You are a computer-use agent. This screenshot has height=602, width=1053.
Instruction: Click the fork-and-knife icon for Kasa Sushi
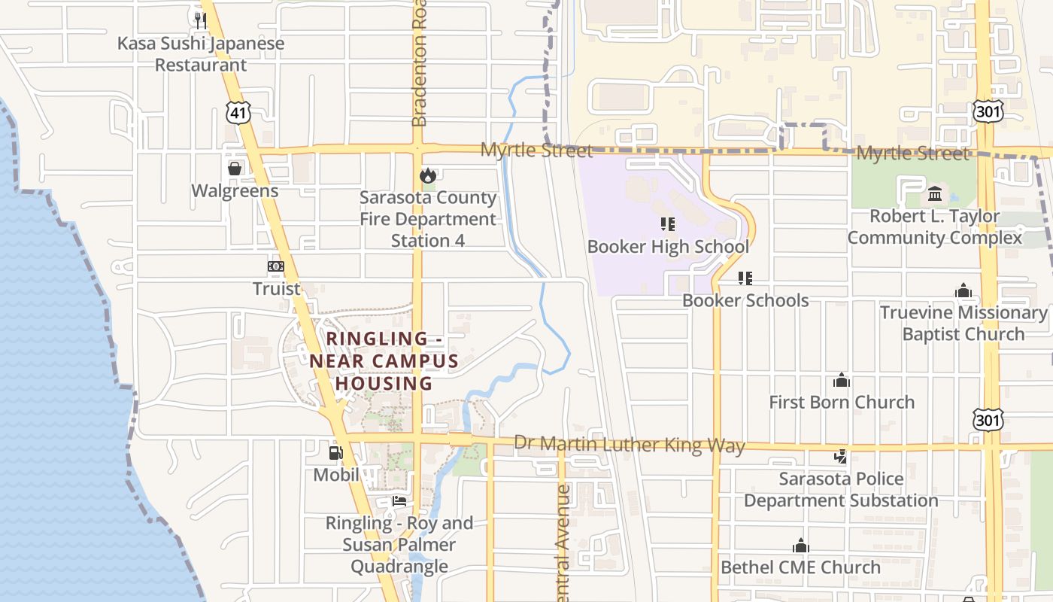point(200,20)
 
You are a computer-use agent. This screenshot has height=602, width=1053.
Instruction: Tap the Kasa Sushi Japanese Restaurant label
point(201,54)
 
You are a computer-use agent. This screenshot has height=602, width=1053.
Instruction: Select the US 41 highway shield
point(237,113)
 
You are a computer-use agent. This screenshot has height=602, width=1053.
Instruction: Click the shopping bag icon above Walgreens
point(235,169)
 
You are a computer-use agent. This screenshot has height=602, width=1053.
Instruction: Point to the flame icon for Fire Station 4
point(428,176)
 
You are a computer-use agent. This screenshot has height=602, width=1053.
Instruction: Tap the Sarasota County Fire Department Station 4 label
point(428,219)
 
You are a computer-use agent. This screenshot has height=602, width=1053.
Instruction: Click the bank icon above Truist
point(276,266)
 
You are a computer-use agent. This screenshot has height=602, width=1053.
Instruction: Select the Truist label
point(276,288)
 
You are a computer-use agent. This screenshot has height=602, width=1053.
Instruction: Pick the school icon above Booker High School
point(667,224)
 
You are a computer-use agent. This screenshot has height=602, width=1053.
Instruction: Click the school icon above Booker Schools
point(745,278)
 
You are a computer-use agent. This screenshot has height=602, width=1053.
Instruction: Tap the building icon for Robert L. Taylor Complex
point(935,194)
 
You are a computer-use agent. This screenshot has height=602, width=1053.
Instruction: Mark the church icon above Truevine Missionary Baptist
point(963,291)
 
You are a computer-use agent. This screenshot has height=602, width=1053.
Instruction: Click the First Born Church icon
point(842,381)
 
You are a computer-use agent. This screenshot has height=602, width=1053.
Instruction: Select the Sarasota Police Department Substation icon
point(841,456)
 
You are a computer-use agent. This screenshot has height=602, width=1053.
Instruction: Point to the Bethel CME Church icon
point(801,546)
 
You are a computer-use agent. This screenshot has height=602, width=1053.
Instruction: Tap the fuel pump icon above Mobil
point(335,453)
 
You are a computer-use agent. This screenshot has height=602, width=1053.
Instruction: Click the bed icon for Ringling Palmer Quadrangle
point(399,501)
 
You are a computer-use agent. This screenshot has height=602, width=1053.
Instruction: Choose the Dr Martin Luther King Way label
point(629,445)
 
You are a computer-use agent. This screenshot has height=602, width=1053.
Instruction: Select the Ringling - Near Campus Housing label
point(384,361)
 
